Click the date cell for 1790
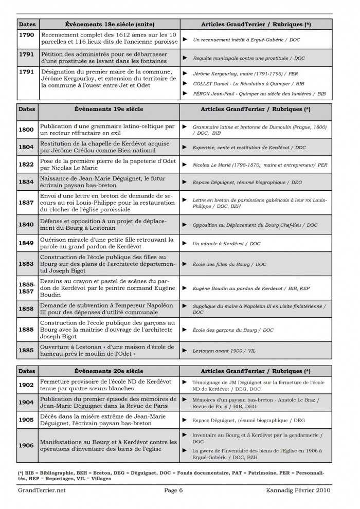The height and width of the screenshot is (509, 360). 27,35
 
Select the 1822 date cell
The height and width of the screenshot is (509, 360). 27,166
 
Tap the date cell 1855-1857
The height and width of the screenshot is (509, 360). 27,288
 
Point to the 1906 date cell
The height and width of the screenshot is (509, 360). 27,446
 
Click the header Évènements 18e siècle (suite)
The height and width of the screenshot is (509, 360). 110,24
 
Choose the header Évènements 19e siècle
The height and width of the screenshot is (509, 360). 109,110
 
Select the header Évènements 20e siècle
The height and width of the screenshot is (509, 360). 109,371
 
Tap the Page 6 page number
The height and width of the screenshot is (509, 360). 174,490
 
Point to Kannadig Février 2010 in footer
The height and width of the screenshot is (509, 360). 298,490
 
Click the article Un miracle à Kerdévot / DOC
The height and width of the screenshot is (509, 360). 226,244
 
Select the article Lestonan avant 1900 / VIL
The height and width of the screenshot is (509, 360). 224,351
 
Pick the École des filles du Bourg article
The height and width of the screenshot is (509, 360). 229,264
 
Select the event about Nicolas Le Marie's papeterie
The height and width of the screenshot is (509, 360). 108,166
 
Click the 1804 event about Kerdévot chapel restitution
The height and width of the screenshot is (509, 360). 108,147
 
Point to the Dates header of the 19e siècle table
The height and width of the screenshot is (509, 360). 27,110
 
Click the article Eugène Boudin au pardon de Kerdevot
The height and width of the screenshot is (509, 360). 251,288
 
